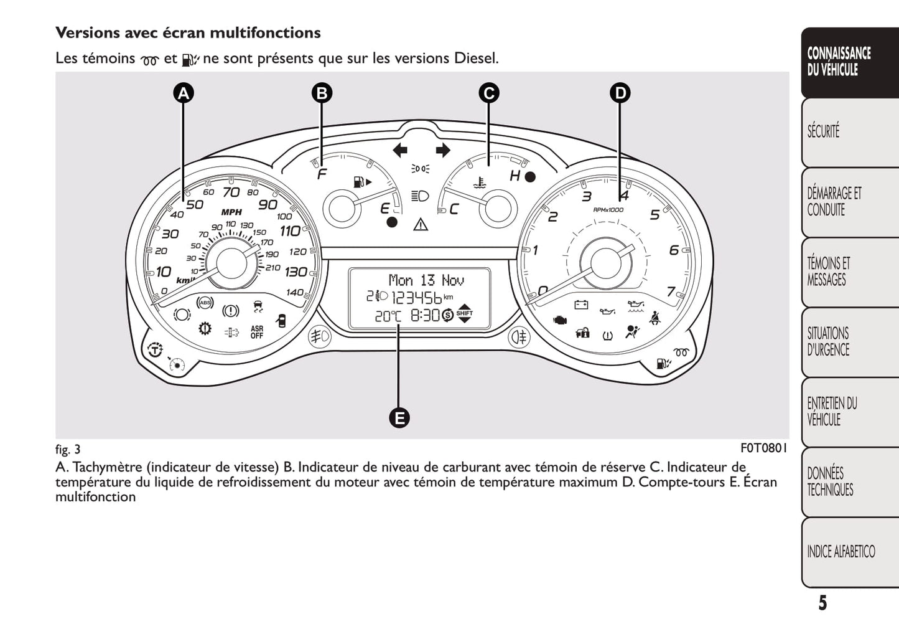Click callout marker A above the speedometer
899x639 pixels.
183,93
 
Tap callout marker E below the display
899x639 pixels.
399,417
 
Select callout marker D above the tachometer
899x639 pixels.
620,93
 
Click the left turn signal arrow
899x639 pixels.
400,150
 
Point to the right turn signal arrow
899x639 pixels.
442,150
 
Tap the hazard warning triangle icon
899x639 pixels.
421,224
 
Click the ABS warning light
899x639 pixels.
205,303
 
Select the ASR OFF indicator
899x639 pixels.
257,332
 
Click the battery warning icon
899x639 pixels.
582,305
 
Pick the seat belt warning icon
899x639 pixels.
654,319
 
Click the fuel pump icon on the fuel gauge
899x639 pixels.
359,182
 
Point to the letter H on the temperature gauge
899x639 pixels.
515,176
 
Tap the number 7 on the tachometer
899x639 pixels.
671,291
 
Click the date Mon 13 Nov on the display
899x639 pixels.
426,280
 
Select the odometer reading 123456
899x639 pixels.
411,297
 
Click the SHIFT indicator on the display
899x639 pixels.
465,315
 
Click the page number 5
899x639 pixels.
822,603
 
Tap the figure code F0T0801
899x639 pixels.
763,448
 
